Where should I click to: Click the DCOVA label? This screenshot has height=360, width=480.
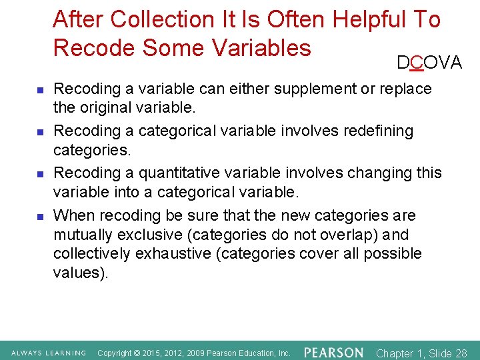pos(429,63)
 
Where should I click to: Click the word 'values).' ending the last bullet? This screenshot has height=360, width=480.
pos(80,272)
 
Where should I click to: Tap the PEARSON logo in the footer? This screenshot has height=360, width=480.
pos(334,352)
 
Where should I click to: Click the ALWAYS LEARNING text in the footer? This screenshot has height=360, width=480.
pos(49,353)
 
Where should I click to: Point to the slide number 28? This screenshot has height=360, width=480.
pos(460,353)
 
